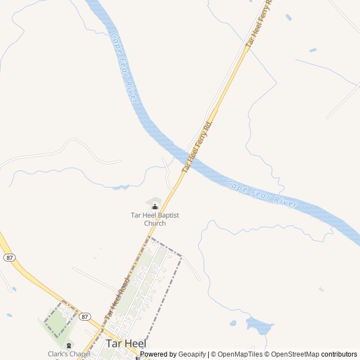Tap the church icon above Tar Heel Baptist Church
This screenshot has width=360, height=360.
(x=155, y=207)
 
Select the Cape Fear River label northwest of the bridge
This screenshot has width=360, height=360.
(x=125, y=67)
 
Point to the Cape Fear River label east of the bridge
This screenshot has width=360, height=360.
(x=262, y=194)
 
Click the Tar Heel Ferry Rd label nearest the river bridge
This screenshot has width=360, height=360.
(x=197, y=146)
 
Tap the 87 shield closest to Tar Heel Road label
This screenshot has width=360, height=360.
(x=84, y=317)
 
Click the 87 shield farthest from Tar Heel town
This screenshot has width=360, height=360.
(x=8, y=257)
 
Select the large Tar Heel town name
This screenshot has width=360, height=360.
(x=126, y=343)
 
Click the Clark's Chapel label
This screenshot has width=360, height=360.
(x=69, y=354)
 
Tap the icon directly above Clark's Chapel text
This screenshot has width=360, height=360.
(x=69, y=345)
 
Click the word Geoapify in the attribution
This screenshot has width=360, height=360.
(x=192, y=354)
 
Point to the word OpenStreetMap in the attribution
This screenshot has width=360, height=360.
(x=294, y=354)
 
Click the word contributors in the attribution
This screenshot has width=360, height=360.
(x=339, y=354)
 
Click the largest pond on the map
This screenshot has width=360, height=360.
(x=259, y=325)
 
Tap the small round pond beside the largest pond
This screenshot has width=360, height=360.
(x=233, y=323)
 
